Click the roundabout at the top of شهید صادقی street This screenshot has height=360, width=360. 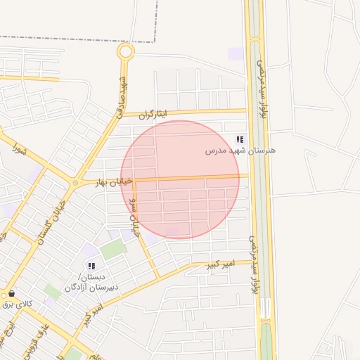click(125, 51)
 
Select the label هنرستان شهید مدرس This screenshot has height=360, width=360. click(240, 150)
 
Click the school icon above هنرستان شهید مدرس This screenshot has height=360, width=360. click(240, 139)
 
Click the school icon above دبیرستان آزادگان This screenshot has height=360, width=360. click(91, 266)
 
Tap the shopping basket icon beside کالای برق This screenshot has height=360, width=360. click(11, 293)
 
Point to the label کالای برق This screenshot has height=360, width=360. click(17, 304)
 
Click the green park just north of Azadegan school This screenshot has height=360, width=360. click(112, 249)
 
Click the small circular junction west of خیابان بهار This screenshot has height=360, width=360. click(75, 184)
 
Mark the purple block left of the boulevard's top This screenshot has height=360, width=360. click(236, 54)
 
